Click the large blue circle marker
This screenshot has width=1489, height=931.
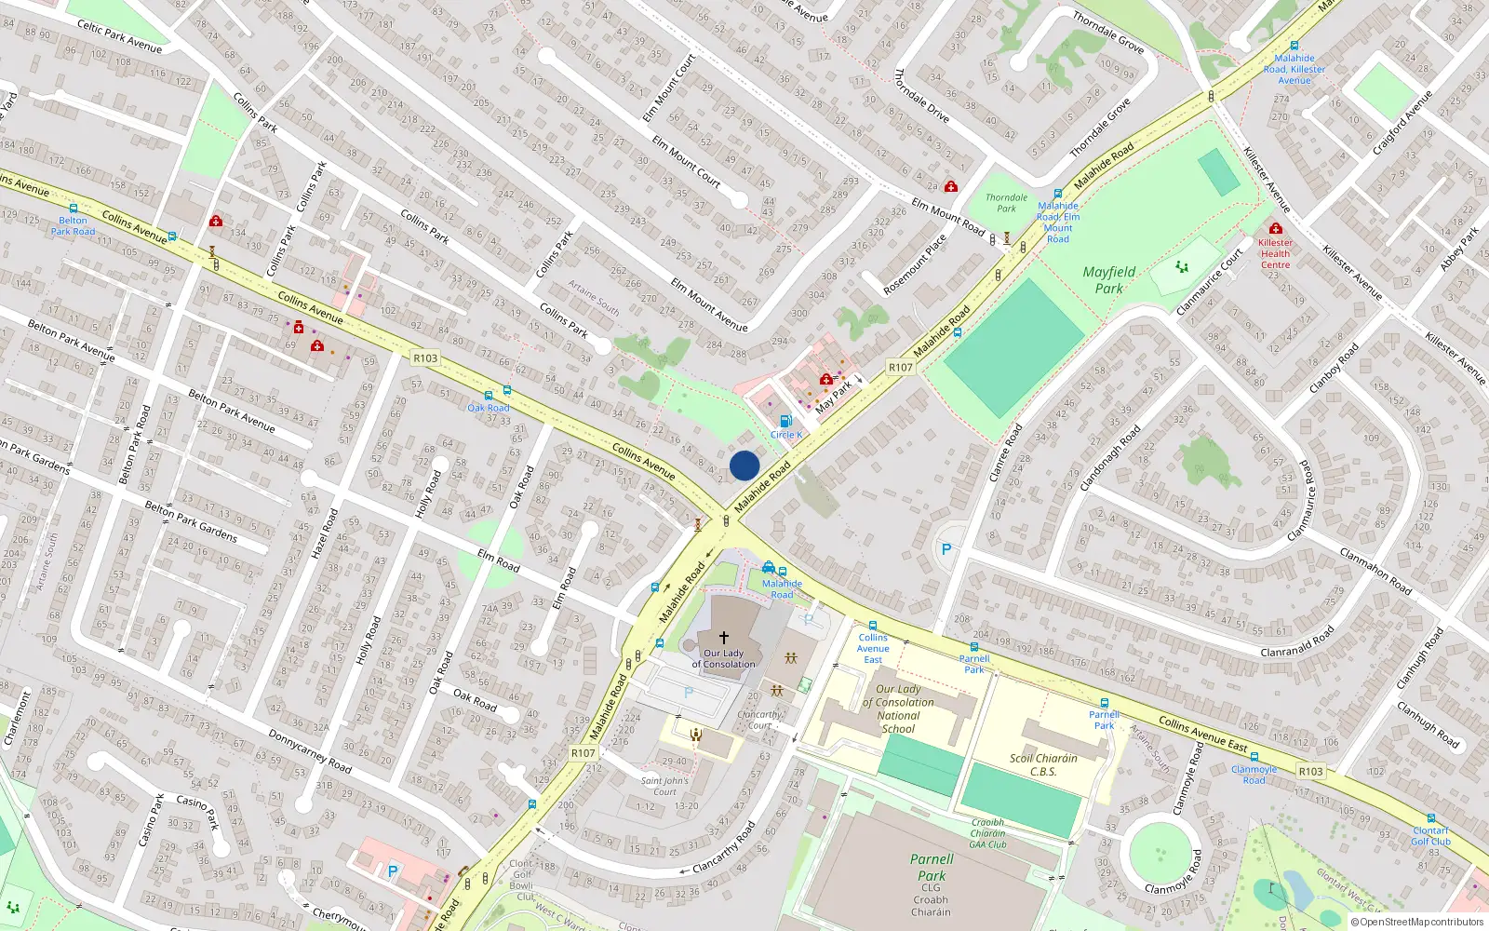pos(744,465)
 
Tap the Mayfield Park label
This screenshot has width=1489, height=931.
pos(1108,280)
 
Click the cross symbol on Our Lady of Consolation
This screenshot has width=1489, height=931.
pos(723,638)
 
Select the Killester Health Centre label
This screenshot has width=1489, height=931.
pos(1275,253)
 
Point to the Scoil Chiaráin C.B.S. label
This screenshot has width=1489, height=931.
pos(1042,764)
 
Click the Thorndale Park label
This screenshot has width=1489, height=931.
pos(1006,203)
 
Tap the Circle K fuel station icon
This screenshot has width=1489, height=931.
pos(785,421)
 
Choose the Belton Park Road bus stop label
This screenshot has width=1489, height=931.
pos(73,226)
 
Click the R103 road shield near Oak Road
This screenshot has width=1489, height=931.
pos(425,358)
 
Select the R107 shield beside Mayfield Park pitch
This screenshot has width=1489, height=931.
pos(900,368)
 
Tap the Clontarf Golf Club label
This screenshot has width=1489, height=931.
pos(1430,836)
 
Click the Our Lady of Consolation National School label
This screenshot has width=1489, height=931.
pos(898,709)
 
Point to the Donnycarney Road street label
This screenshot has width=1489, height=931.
pos(310,751)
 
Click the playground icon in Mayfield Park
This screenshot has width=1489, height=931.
pos(1182,267)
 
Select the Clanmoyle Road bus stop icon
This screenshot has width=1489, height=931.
pos(1254,758)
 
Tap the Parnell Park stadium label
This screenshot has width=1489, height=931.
pos(932,868)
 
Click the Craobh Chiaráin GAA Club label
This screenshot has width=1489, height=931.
pos(987,833)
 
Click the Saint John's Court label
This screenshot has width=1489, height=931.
pos(664,787)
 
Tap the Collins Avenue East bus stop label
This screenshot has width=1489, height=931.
pos(872,649)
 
